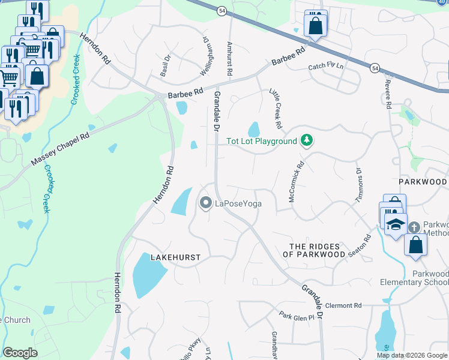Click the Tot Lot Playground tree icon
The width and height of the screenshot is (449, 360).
coord(307,141)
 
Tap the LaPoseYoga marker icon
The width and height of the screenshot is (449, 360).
coord(206,204)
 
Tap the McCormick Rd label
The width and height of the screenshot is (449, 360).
coord(297,181)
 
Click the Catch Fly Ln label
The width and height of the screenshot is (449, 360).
coord(325,67)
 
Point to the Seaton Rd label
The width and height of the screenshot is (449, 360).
coord(364,245)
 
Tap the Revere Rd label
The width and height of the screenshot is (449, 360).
coord(388,95)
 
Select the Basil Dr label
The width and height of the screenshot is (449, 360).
coord(165,65)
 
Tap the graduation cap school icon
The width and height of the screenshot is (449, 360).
coord(396,225)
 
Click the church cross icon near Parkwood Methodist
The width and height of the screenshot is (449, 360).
coord(414,227)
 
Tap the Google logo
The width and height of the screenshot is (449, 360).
coord(20,353)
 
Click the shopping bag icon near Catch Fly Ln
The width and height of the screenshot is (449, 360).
coord(315,26)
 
